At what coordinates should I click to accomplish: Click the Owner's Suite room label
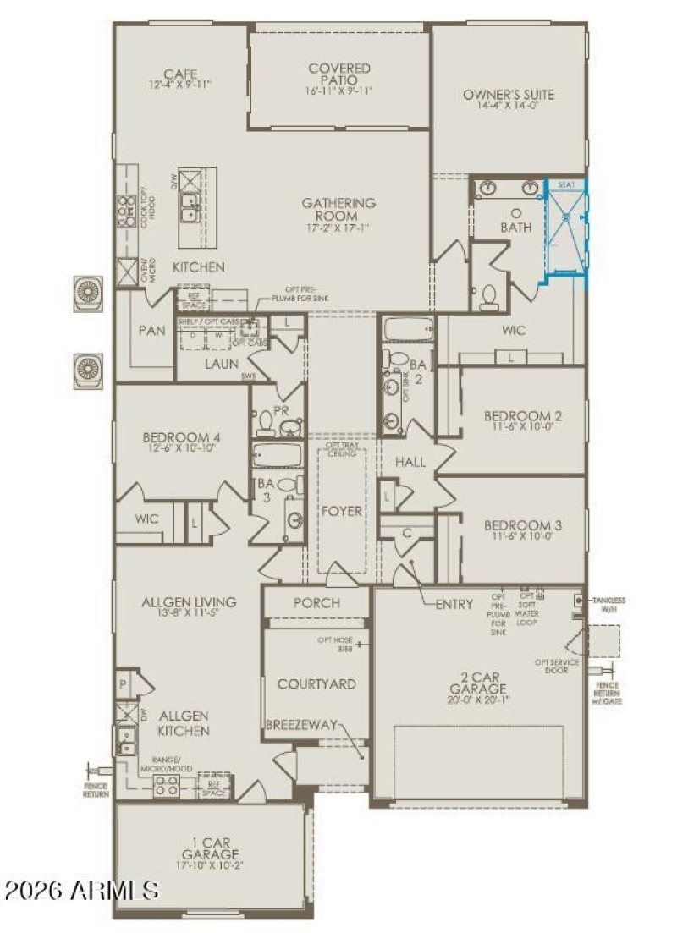pyautogui.click(x=508, y=95)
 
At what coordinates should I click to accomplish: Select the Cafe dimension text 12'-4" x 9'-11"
pyautogui.click(x=179, y=85)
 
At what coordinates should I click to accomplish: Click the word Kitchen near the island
pyautogui.click(x=199, y=267)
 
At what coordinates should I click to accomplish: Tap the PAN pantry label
pyautogui.click(x=152, y=329)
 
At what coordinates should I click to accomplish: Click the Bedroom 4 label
pyautogui.click(x=181, y=437)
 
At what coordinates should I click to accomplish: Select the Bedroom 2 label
pyautogui.click(x=523, y=416)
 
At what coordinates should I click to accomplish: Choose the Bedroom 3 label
pyautogui.click(x=523, y=524)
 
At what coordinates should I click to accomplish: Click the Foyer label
pyautogui.click(x=342, y=511)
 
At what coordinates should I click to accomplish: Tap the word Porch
pyautogui.click(x=316, y=603)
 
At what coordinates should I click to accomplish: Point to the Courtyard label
pyautogui.click(x=316, y=683)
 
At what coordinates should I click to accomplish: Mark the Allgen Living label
pyautogui.click(x=190, y=602)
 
